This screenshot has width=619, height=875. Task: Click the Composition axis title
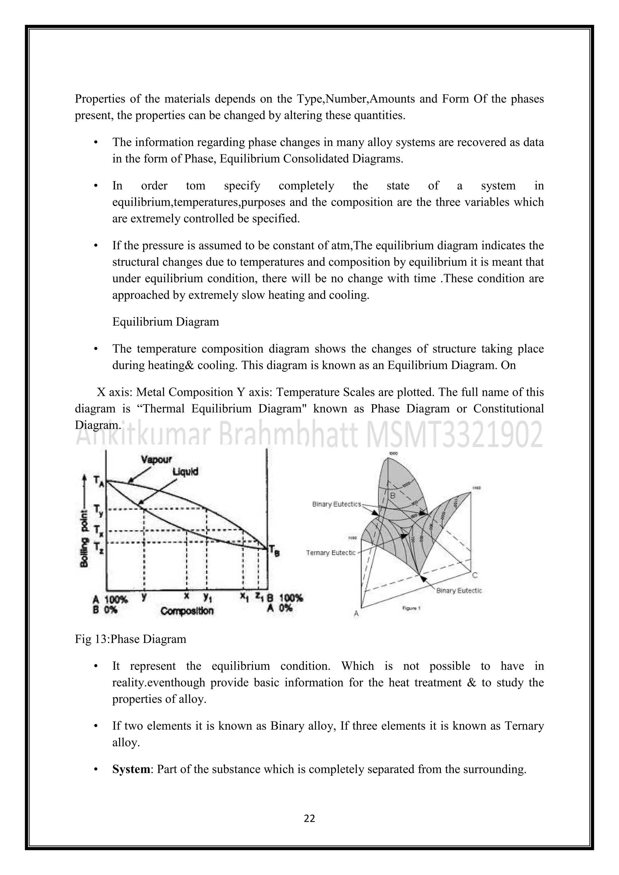point(187,611)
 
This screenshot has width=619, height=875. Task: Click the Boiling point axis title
point(85,536)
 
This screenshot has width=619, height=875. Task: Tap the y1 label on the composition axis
point(207,598)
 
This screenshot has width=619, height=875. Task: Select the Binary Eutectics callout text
point(336,504)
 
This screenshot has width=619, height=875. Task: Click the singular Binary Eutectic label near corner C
point(459,591)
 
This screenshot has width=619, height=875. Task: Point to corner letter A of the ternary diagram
point(356,614)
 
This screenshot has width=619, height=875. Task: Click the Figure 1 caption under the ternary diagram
point(411,608)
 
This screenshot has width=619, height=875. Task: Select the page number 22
point(309,818)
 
